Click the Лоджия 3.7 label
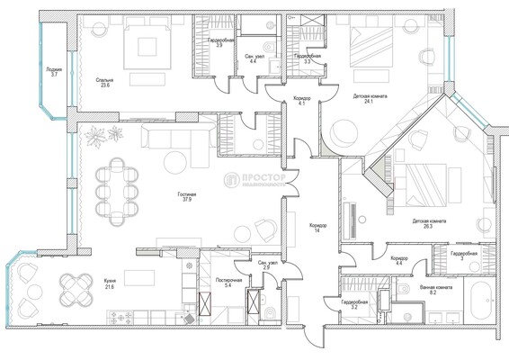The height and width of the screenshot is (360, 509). point(55,72)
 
